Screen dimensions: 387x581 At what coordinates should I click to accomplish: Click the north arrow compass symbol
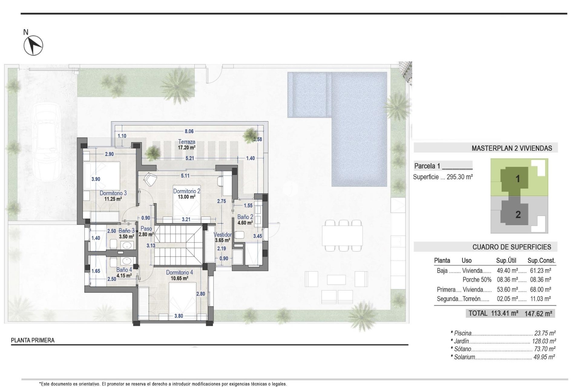(33, 46)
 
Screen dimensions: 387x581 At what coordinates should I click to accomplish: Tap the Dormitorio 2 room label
(186, 191)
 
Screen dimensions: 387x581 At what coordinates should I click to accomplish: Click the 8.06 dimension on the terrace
(189, 131)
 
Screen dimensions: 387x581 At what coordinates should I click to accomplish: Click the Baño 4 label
(124, 270)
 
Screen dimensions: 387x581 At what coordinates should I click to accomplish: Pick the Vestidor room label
(222, 235)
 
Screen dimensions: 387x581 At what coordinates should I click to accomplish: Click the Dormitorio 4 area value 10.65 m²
(179, 278)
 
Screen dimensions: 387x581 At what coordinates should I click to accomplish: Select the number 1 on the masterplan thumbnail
(517, 179)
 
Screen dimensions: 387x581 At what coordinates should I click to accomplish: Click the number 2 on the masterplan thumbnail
(518, 215)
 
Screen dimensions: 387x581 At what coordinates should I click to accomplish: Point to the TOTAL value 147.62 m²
(538, 314)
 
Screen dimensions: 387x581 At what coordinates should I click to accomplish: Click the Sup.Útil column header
(506, 260)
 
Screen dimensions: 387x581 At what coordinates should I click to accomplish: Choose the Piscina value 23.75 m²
(545, 333)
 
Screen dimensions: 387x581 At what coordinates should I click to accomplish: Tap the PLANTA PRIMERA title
(33, 340)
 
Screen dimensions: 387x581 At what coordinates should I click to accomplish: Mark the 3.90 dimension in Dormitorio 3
(96, 179)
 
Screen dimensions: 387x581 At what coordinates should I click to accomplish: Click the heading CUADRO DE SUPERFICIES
(511, 247)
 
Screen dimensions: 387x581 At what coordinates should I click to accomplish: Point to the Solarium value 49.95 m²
(544, 357)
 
